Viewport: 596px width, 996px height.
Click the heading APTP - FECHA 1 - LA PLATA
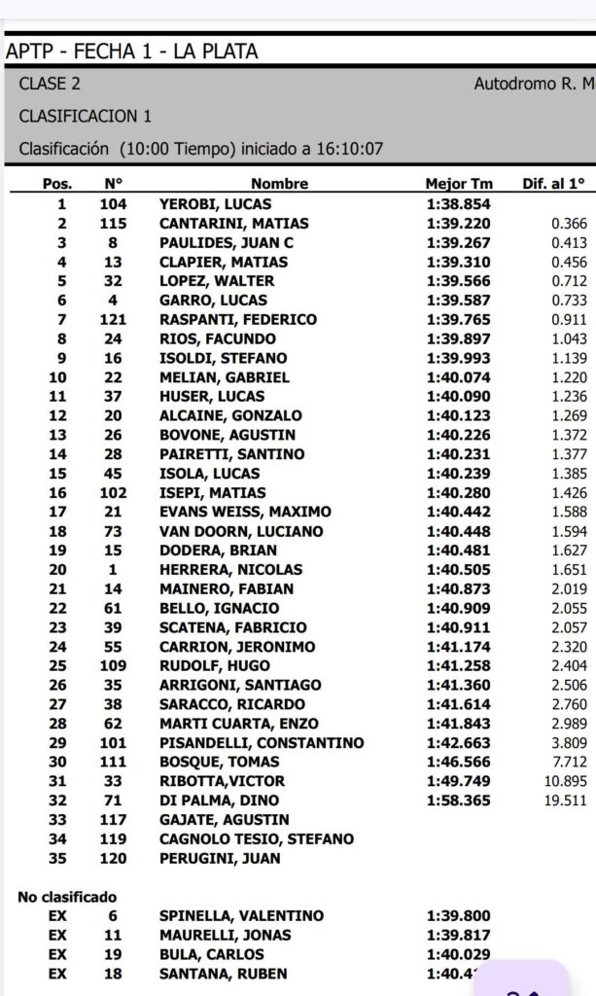click(x=132, y=52)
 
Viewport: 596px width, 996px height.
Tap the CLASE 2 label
click(x=50, y=85)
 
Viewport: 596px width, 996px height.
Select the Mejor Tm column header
click(x=459, y=184)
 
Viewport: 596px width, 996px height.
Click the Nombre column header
click(x=279, y=184)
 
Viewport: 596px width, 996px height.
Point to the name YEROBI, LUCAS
click(x=215, y=204)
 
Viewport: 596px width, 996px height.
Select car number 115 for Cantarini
click(x=114, y=224)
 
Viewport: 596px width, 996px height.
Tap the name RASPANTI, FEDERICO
click(x=238, y=320)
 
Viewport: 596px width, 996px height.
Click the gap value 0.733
click(x=569, y=301)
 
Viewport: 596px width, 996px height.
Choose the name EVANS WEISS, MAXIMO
click(x=245, y=512)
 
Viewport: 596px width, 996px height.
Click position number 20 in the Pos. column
click(x=61, y=570)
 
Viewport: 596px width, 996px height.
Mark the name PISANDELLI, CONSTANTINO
click(x=262, y=743)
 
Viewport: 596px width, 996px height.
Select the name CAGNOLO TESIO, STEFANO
click(x=257, y=839)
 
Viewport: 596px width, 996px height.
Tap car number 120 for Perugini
click(x=114, y=859)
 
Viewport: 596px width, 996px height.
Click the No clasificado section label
click(x=67, y=897)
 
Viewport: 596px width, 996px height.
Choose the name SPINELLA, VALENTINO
click(x=242, y=916)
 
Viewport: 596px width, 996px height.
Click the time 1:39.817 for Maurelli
click(x=459, y=936)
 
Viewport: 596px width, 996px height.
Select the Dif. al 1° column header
click(x=554, y=184)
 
